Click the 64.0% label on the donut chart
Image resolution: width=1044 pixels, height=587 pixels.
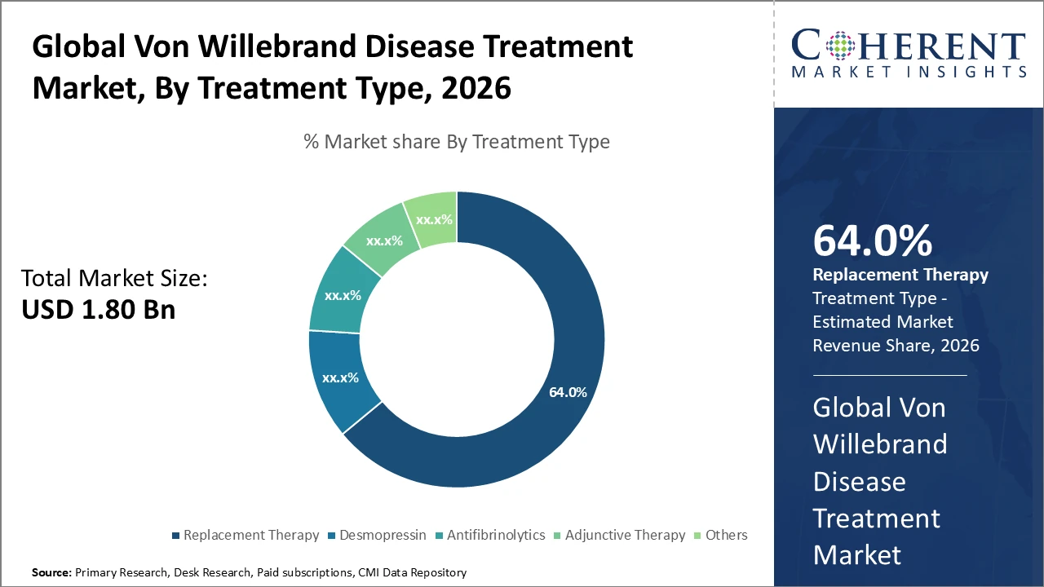(568, 392)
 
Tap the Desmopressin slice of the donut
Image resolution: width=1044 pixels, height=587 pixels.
(341, 378)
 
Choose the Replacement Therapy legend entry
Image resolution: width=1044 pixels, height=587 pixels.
(245, 536)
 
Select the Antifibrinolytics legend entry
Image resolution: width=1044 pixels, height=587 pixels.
(489, 536)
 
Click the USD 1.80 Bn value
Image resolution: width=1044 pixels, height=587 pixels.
(99, 311)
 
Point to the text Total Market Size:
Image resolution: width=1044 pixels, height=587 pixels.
(114, 279)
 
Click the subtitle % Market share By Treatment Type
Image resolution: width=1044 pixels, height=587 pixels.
(456, 142)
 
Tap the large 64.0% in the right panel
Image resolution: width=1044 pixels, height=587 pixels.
(873, 241)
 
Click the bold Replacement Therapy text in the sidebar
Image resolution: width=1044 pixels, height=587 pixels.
(900, 275)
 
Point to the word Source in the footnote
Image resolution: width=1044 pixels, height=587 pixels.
(51, 573)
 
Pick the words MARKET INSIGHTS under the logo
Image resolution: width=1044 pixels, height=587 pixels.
(909, 73)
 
